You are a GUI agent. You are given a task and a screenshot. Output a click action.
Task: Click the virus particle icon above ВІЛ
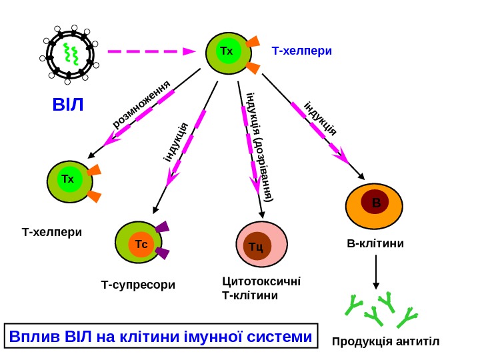[69, 54]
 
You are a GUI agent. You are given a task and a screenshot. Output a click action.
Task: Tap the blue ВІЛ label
[69, 105]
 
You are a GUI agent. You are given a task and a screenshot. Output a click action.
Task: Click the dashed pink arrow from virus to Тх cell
[151, 51]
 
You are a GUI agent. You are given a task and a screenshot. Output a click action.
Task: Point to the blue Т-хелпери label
[301, 51]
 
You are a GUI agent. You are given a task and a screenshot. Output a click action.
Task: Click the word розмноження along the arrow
[142, 105]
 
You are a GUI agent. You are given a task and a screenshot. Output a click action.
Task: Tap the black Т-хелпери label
[52, 233]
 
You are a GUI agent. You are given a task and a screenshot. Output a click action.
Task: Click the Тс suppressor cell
[140, 245]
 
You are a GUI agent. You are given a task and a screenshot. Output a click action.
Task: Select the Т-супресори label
[138, 285]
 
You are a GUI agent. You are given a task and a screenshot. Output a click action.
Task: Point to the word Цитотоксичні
[261, 281]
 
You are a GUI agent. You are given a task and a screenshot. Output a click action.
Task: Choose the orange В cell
[374, 207]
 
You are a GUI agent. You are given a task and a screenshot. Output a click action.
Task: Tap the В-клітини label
[376, 243]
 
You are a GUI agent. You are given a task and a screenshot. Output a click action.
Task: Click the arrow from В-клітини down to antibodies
[376, 272]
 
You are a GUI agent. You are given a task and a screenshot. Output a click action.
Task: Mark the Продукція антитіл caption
[386, 343]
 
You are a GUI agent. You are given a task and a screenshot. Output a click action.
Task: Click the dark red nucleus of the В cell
[375, 201]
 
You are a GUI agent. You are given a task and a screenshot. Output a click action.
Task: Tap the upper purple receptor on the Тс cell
[162, 227]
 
